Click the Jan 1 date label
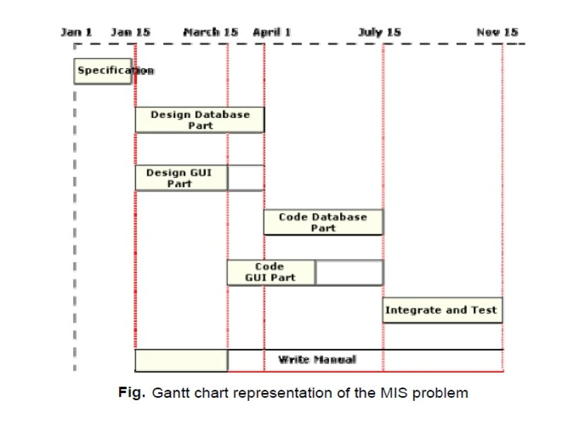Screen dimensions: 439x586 (76, 32)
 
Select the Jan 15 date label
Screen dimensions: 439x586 (130, 32)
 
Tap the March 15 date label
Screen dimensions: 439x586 (211, 32)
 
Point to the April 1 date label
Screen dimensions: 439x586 (272, 32)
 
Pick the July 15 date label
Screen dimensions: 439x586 (379, 32)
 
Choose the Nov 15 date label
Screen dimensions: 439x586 (497, 32)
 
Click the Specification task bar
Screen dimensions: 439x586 (103, 71)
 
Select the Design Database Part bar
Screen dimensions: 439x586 (200, 120)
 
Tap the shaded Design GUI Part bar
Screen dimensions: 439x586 (181, 178)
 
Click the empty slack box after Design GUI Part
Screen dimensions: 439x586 (246, 178)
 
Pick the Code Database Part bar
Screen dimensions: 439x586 (323, 222)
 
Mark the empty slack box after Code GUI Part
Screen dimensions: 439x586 (349, 272)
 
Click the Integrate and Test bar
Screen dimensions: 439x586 (442, 310)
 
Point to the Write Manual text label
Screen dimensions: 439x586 (317, 360)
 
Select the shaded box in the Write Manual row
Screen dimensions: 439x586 (181, 360)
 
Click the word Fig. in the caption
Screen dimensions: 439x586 (132, 392)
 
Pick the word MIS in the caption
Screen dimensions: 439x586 (394, 393)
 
